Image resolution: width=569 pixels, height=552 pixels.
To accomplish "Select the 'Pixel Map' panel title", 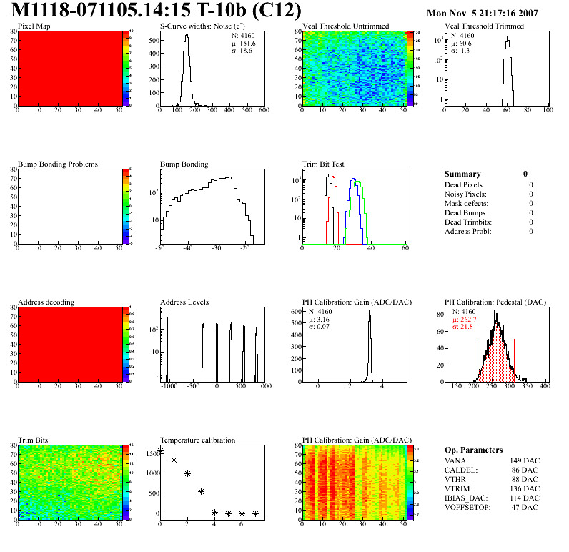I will pos(34,26).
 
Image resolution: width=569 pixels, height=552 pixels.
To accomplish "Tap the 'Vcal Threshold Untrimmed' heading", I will pos(346,26).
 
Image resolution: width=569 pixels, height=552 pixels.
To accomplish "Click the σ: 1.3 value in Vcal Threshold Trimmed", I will pos(460,51).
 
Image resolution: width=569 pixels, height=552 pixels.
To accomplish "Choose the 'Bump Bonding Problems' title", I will pos(58,164).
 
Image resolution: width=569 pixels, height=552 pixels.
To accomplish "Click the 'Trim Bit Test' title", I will pos(324,164).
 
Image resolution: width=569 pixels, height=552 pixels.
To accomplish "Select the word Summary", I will pos(462,174).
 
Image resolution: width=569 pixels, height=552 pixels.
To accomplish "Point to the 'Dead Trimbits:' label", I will pos(469,222).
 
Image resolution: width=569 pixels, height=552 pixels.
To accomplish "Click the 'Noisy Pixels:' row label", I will pos(467,194).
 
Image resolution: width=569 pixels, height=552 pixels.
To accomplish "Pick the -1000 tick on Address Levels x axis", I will pos(169,385).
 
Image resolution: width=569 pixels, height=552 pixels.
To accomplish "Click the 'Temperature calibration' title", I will pos(198,440).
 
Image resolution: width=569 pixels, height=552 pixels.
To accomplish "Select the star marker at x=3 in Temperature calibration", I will pos(202,491).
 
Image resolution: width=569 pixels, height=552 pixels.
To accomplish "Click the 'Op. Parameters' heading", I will pos(473,450).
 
